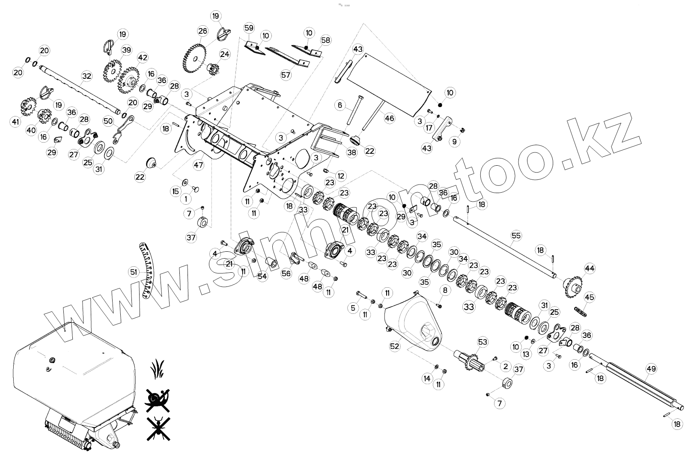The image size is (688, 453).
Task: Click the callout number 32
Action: point(86,76)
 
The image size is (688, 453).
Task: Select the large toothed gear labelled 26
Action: point(195,60)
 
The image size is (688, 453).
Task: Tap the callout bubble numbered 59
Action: point(249,28)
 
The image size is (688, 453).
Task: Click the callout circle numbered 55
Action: point(516,235)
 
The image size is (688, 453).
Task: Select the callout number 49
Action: point(651,369)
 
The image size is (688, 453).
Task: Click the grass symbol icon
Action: point(158,368)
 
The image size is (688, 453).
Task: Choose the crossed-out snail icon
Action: point(157,398)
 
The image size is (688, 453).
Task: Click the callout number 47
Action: point(198,164)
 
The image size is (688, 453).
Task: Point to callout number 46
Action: point(389,117)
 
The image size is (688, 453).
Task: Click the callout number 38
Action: point(351,153)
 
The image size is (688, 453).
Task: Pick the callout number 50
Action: point(108,121)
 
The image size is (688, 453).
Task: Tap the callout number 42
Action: point(142,58)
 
